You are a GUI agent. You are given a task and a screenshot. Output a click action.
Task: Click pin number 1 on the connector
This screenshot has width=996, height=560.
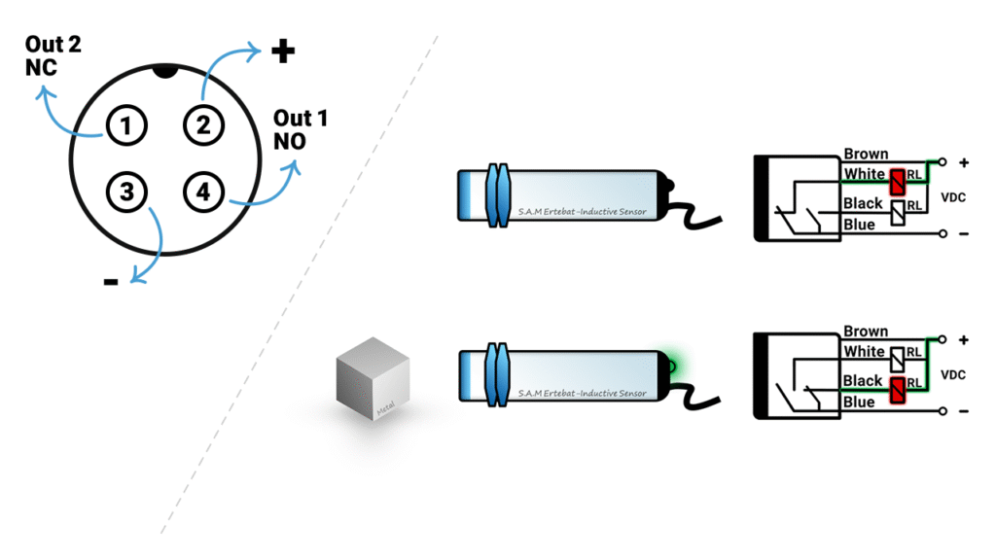(126, 125)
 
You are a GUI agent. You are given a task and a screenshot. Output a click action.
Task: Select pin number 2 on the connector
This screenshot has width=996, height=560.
(203, 125)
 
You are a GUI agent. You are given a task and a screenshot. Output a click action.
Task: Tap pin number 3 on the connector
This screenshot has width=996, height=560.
(126, 192)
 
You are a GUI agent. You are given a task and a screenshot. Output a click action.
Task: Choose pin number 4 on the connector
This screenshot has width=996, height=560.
(203, 192)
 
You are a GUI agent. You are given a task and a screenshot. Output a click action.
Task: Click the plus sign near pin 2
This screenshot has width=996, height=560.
(282, 52)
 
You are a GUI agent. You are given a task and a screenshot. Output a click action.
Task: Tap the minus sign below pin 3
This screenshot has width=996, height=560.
(111, 282)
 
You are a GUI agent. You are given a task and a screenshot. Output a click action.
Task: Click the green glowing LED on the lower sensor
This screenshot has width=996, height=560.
(673, 366)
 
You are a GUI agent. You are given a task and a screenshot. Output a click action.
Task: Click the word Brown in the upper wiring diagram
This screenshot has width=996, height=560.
(866, 154)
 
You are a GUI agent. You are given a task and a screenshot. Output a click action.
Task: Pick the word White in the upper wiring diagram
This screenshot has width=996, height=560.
(864, 174)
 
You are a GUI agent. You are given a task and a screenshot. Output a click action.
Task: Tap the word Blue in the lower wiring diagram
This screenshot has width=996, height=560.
(859, 402)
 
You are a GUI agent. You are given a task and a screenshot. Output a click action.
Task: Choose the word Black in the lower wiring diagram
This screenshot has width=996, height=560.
(863, 381)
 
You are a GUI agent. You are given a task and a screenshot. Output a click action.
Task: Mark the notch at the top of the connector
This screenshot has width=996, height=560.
(166, 71)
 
